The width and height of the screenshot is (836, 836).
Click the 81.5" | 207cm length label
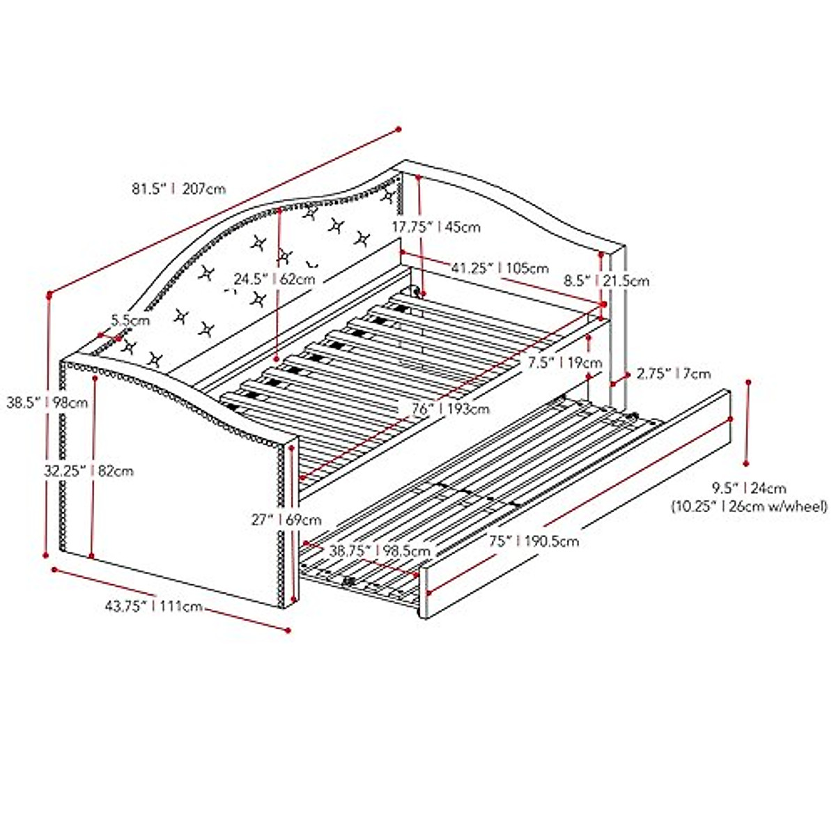pyautogui.click(x=178, y=188)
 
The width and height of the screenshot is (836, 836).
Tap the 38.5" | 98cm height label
pyautogui.click(x=47, y=402)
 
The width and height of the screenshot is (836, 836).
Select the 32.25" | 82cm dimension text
pyautogui.click(x=88, y=471)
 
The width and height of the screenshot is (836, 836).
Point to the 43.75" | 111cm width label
pyautogui.click(x=153, y=606)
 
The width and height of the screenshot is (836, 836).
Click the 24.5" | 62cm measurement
pyautogui.click(x=274, y=279)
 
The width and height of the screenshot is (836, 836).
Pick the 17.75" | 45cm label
pyautogui.click(x=435, y=226)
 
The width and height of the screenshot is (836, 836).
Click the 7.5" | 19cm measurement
pyautogui.click(x=564, y=362)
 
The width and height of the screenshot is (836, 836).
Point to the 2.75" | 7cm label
pyautogui.click(x=673, y=374)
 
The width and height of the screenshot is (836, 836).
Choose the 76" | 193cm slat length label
pyautogui.click(x=449, y=409)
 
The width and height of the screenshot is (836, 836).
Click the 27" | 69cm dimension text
pyautogui.click(x=286, y=519)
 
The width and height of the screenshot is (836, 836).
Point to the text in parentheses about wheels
pyautogui.click(x=750, y=507)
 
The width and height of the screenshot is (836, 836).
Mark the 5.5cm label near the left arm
pyautogui.click(x=130, y=320)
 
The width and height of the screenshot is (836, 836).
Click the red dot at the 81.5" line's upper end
pyautogui.click(x=398, y=129)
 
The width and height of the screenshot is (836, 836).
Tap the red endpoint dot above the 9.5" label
pyautogui.click(x=749, y=382)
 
